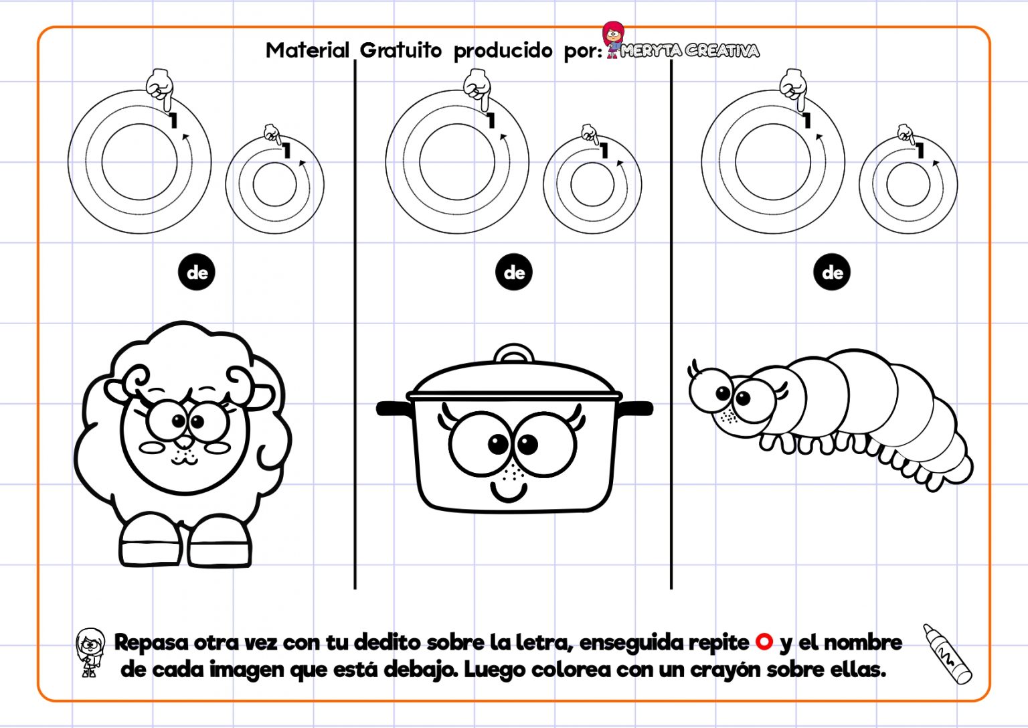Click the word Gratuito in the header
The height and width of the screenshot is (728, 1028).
coord(400,50)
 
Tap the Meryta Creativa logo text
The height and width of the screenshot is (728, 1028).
coord(689,51)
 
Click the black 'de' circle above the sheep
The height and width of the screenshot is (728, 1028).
coord(197,273)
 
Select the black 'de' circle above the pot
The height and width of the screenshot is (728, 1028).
coord(514,273)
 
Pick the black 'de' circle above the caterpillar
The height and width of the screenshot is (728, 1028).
coord(832,273)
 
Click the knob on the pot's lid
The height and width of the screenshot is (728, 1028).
coord(514,353)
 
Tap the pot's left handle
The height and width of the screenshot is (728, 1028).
coord(392,408)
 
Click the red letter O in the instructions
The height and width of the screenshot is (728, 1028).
coord(764,642)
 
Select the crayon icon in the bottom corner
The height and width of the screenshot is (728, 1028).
coord(947,654)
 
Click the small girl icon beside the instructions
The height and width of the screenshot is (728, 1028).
coord(90,652)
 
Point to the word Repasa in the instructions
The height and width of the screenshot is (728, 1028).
coord(151,642)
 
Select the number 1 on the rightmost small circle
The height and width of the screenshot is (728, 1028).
coord(920,151)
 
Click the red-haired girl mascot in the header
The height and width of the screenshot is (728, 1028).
coord(612,39)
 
